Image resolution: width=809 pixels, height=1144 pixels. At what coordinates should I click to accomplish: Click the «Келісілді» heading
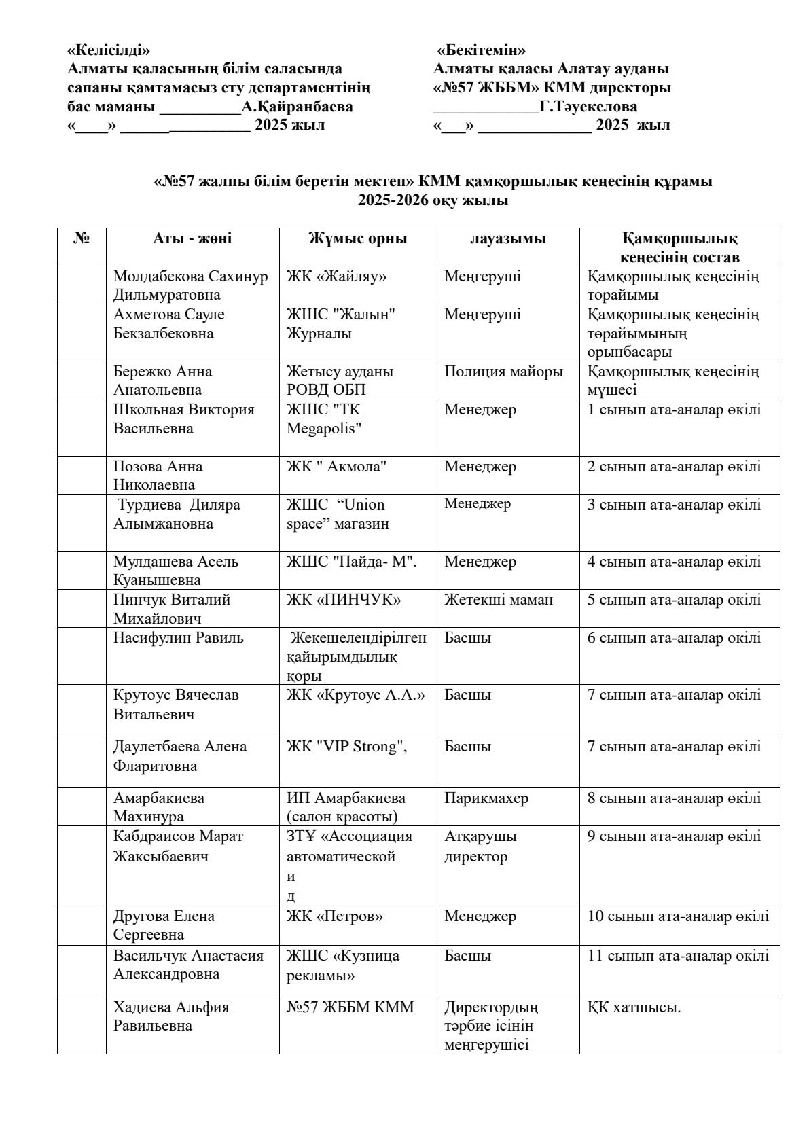109,50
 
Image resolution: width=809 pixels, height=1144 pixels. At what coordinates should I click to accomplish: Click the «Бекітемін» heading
482,50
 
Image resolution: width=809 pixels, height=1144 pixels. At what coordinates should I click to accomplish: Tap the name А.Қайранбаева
297,107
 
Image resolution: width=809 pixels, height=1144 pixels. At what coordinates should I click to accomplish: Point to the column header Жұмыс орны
357,238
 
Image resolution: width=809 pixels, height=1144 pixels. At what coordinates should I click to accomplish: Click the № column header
82,238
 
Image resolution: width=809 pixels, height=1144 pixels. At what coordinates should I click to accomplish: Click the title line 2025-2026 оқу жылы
433,201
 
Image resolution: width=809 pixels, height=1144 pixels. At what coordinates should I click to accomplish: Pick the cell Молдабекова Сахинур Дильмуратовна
191,285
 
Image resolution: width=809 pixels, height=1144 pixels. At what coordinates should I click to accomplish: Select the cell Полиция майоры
503,372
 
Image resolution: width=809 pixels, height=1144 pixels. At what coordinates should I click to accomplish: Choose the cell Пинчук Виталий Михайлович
172,609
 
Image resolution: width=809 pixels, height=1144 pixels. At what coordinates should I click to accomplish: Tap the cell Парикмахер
486,798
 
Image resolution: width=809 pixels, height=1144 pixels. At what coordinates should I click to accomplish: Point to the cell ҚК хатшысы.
634,1007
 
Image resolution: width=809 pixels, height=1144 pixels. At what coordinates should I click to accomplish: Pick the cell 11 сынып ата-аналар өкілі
678,956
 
